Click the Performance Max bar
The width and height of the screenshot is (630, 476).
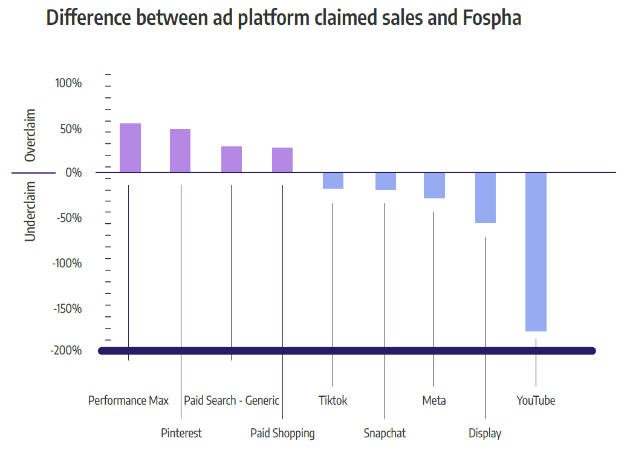point(130,148)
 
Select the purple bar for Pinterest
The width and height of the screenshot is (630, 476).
point(180,151)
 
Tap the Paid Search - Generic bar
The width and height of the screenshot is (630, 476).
point(232,160)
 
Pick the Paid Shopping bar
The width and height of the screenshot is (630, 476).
point(282,160)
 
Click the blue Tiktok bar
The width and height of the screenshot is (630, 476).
point(333,180)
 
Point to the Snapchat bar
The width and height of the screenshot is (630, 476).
point(385,181)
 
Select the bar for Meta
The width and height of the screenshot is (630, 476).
point(434,185)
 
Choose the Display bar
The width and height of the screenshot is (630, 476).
point(485,198)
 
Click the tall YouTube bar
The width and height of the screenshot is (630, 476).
point(536,252)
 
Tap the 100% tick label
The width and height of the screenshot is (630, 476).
point(68,83)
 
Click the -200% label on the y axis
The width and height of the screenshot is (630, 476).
point(67,351)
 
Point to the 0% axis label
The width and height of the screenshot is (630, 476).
point(73,173)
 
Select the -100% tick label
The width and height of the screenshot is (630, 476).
point(67,264)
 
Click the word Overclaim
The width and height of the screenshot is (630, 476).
point(30,135)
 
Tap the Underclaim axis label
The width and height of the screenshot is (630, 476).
point(30,211)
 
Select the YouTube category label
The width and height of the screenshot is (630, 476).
point(536,400)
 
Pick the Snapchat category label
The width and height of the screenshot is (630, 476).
point(385,433)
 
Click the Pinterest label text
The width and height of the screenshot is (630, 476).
point(181,433)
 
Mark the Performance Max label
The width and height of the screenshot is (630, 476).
point(128,400)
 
